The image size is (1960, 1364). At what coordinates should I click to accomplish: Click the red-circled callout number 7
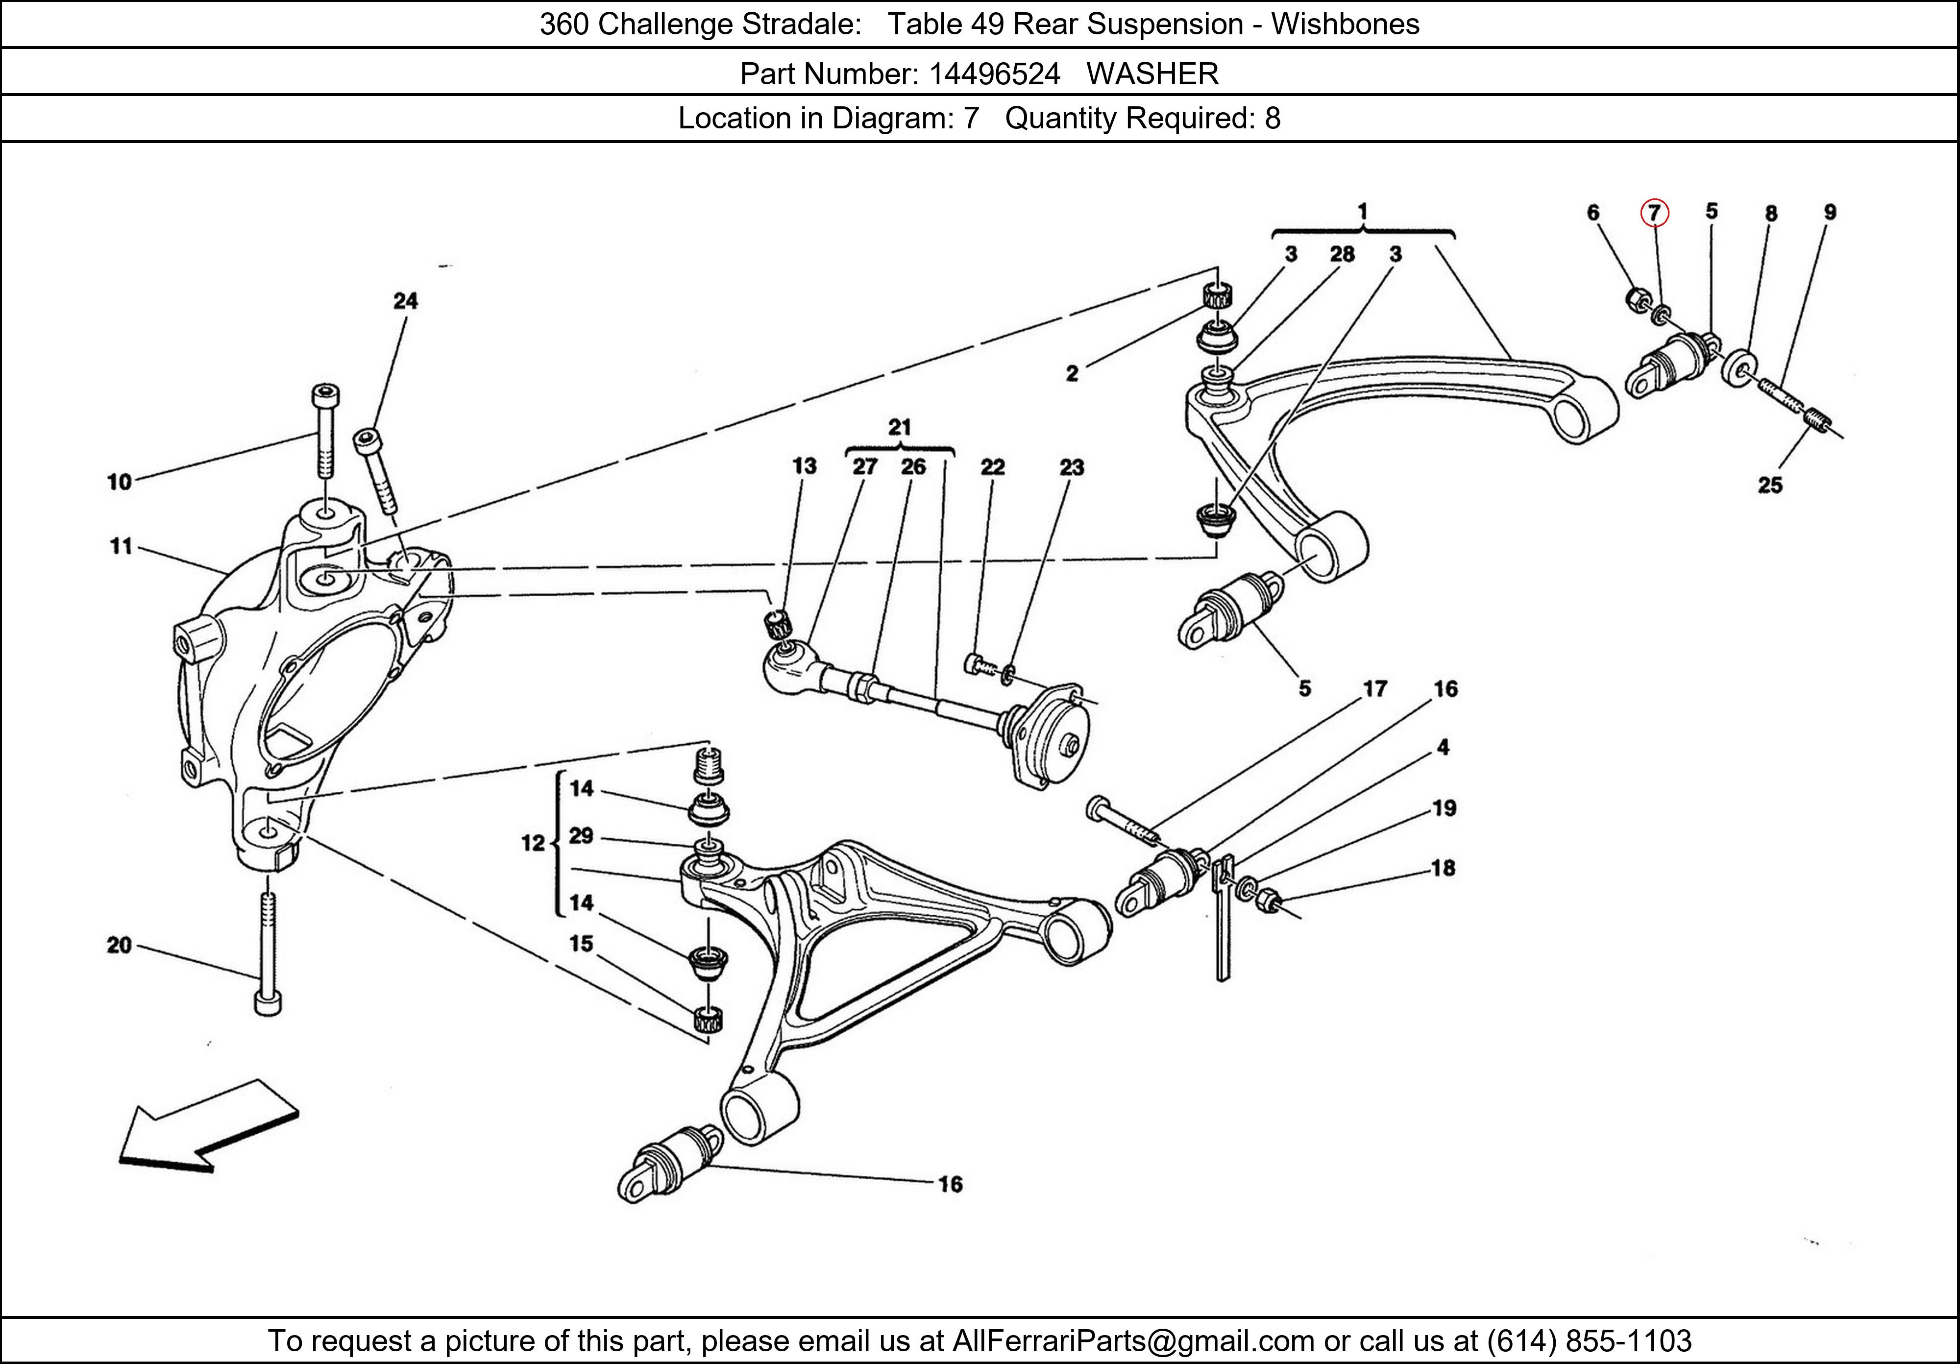tap(1654, 213)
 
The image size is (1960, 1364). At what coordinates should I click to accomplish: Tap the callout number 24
tap(406, 300)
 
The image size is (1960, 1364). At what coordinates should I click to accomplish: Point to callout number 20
tap(120, 945)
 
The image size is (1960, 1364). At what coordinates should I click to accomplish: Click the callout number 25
tap(1769, 485)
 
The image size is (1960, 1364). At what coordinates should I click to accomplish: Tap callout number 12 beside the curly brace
tap(533, 843)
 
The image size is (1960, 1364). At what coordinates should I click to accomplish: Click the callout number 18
tap(1443, 868)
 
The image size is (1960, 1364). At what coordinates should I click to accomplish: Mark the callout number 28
tap(1342, 253)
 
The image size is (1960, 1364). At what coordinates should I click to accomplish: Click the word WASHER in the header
tap(1152, 74)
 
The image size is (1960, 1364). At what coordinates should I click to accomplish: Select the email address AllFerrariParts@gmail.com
tap(1133, 1341)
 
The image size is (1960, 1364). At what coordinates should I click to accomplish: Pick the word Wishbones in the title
tap(1346, 24)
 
